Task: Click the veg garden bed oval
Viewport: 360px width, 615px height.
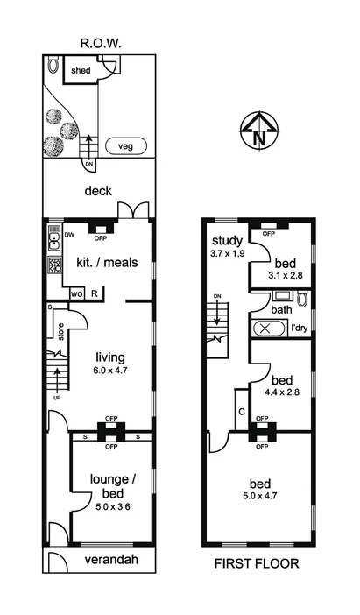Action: pyautogui.click(x=126, y=147)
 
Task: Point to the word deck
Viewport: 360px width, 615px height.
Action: pyautogui.click(x=97, y=189)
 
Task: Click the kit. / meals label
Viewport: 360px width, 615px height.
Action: pyautogui.click(x=109, y=262)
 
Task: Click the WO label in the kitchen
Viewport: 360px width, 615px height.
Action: pyautogui.click(x=76, y=293)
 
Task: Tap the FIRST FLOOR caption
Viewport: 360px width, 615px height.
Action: pyautogui.click(x=257, y=564)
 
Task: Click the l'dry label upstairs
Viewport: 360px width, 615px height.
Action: pyautogui.click(x=300, y=329)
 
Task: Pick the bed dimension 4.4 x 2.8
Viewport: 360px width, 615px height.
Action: pyautogui.click(x=281, y=393)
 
